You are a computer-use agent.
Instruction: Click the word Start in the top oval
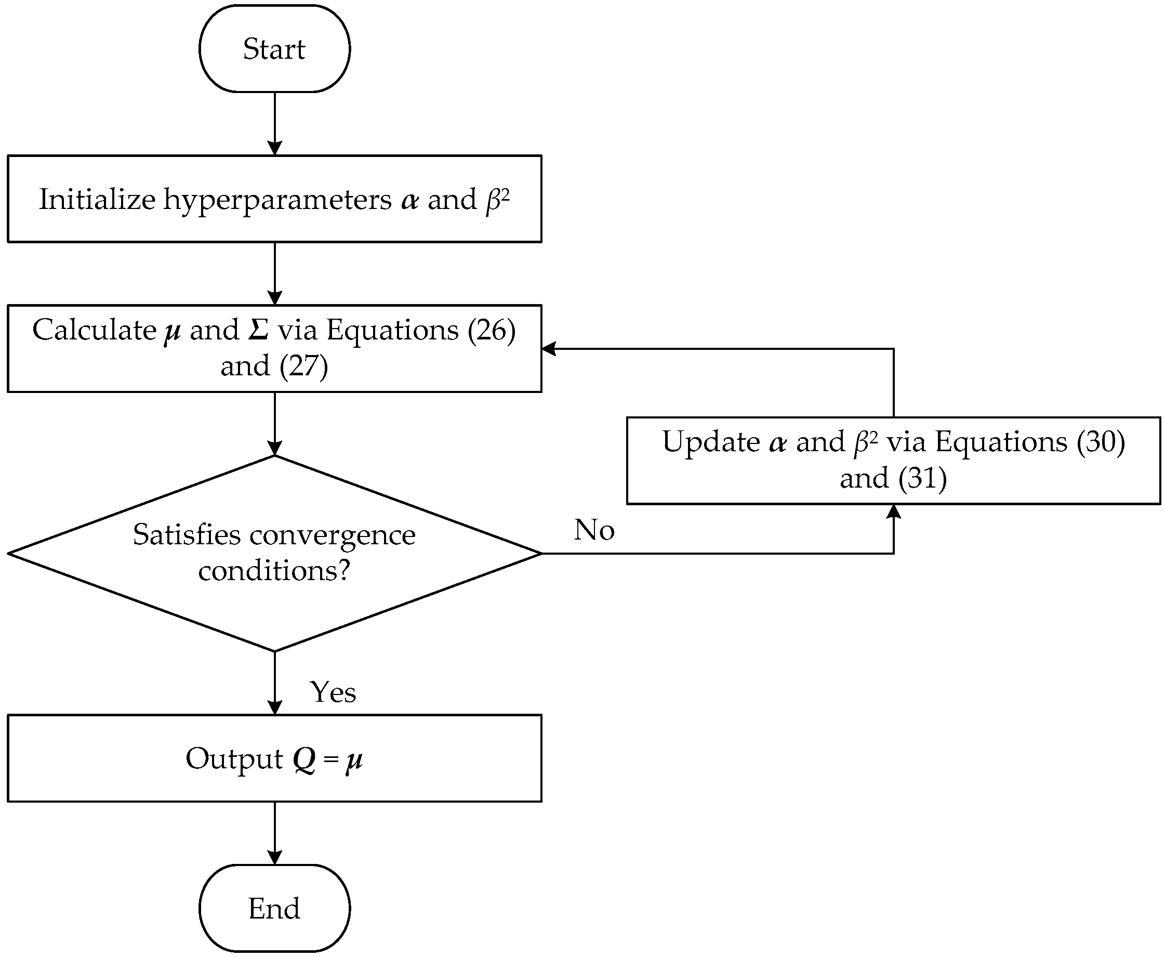pos(274,48)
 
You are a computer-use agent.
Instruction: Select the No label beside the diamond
pos(593,530)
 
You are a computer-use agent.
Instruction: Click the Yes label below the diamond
pos(333,692)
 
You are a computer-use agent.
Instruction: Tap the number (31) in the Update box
pos(922,478)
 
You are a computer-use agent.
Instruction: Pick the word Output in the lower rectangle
pos(234,758)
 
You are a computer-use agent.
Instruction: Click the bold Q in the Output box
pos(304,759)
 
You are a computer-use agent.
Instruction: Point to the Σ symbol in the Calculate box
pos(258,330)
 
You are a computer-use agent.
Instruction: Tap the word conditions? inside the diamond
pos(274,570)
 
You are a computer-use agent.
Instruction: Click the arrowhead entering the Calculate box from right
pos(549,348)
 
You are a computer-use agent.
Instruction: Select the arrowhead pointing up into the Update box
pos(893,512)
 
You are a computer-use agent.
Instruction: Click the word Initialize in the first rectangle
pos(97,199)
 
